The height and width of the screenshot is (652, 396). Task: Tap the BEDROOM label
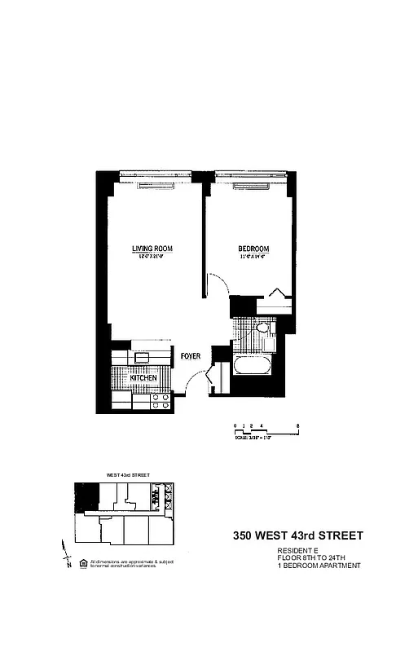tap(253, 249)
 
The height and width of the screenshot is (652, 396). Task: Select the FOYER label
tap(191, 355)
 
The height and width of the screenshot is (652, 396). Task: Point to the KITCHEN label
tap(144, 379)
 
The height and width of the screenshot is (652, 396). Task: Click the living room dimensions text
tap(152, 257)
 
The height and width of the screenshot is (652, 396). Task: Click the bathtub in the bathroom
tap(253, 366)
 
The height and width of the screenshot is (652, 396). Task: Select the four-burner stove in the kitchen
tap(161, 401)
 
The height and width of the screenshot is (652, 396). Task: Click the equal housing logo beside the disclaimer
tap(81, 562)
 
